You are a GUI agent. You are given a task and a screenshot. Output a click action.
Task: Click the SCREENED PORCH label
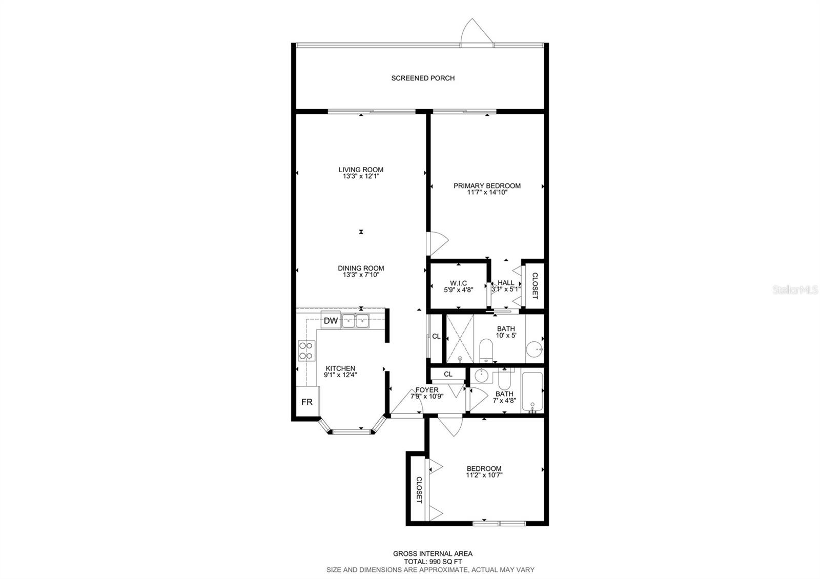coord(423,78)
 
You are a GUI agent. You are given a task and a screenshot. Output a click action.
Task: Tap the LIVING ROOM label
coord(361,170)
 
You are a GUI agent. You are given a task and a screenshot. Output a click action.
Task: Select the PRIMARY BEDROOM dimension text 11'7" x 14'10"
coord(487,192)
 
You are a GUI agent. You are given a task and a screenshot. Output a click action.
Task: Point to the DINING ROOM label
coord(361,268)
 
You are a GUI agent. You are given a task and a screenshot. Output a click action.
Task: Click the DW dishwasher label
coord(331,321)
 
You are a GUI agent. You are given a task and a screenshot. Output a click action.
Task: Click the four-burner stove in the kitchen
coord(307,350)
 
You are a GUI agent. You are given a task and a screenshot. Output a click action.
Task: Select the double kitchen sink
coord(356,321)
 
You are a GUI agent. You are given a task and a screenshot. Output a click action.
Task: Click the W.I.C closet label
coord(458,283)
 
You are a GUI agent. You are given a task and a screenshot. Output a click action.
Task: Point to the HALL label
coord(506,282)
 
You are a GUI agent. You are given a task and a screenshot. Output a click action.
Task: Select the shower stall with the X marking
coord(460,339)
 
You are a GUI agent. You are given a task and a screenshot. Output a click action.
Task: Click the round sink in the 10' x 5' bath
coord(535,349)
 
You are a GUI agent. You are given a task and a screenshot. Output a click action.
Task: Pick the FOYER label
coord(427,390)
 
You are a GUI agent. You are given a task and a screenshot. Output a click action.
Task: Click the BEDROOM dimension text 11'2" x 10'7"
coord(484,475)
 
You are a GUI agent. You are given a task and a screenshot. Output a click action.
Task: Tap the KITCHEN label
coord(340,368)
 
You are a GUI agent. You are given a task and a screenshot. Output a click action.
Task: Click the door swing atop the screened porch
coord(477,31)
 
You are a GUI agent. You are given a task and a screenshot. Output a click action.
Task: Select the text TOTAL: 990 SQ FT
coord(433,562)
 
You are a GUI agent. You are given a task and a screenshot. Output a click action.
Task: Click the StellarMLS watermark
coord(795,290)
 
